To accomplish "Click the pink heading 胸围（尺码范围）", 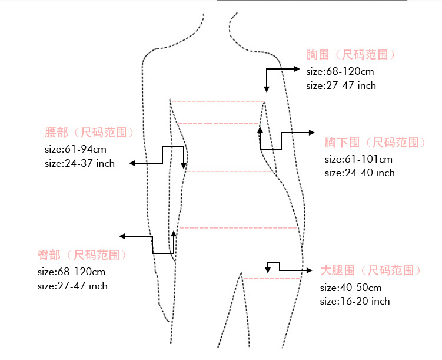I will click(350, 55).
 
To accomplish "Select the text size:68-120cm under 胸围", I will click(340, 71).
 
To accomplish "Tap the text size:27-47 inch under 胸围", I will click(341, 85).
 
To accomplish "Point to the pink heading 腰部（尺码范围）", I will click(89, 133).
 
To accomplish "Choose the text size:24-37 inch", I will click(79, 163).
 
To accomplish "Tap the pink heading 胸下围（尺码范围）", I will click(374, 143).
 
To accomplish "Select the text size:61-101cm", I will click(358, 159).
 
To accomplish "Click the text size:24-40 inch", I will click(359, 173).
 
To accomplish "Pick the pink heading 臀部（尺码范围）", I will click(82, 255).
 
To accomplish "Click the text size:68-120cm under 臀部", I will click(71, 272).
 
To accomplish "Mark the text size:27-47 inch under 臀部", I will click(72, 286).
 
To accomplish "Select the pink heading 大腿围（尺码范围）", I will click(370, 270).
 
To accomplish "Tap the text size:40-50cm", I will click(351, 288).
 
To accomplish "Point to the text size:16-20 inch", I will click(354, 301).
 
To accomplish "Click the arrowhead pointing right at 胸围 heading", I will click(298, 69).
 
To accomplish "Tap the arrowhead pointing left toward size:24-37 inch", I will click(132, 163).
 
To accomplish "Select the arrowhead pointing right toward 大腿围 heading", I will click(309, 270).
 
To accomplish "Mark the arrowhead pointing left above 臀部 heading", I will click(122, 236).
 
